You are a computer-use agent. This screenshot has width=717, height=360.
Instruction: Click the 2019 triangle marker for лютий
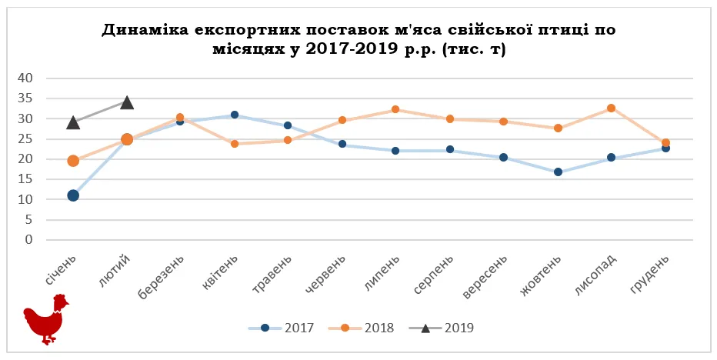(x=127, y=102)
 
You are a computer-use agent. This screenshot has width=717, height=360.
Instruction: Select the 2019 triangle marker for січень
(x=73, y=122)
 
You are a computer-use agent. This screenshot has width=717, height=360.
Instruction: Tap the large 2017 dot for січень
(x=73, y=195)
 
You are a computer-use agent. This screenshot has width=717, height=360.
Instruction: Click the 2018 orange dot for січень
(x=73, y=161)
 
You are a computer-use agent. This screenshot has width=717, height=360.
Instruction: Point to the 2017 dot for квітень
(x=235, y=115)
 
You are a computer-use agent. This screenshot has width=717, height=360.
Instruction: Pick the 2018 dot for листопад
(x=611, y=108)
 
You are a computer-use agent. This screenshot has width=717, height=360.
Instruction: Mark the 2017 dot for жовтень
(x=557, y=172)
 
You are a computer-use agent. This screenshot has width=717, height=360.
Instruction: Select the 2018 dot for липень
(x=395, y=109)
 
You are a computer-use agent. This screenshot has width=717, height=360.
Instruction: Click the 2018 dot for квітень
(x=235, y=144)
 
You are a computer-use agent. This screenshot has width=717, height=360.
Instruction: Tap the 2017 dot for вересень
(x=503, y=157)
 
